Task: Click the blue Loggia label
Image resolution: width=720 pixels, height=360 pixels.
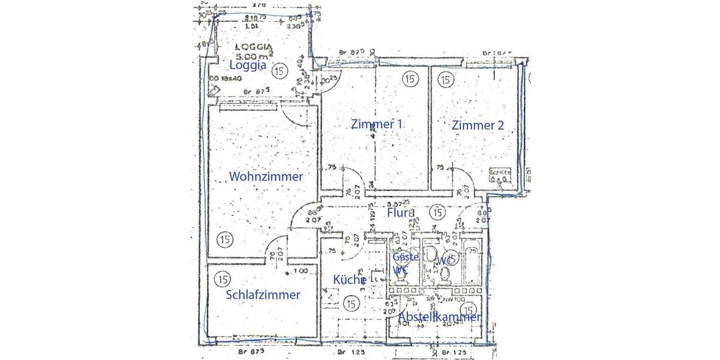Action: tap(247, 66)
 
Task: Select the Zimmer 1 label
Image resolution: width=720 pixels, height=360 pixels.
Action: tap(376, 125)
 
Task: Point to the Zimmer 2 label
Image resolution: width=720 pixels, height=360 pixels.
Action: tap(478, 125)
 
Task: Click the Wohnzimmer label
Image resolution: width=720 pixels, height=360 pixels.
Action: tap(266, 177)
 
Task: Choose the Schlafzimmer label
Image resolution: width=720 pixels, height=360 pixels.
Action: tap(263, 295)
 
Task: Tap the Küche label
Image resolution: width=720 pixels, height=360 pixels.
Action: tap(349, 280)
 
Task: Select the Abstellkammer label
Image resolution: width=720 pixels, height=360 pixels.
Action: tap(439, 317)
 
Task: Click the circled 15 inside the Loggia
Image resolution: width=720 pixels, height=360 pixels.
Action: tap(278, 71)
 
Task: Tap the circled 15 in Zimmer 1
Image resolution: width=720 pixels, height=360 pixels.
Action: tap(409, 78)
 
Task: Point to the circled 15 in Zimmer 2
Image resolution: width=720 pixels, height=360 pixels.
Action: tap(445, 79)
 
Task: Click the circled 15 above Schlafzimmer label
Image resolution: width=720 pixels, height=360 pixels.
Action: tap(223, 279)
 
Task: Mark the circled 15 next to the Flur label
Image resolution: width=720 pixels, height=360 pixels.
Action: tap(438, 212)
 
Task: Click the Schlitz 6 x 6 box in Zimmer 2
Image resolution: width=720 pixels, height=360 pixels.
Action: tap(500, 175)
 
